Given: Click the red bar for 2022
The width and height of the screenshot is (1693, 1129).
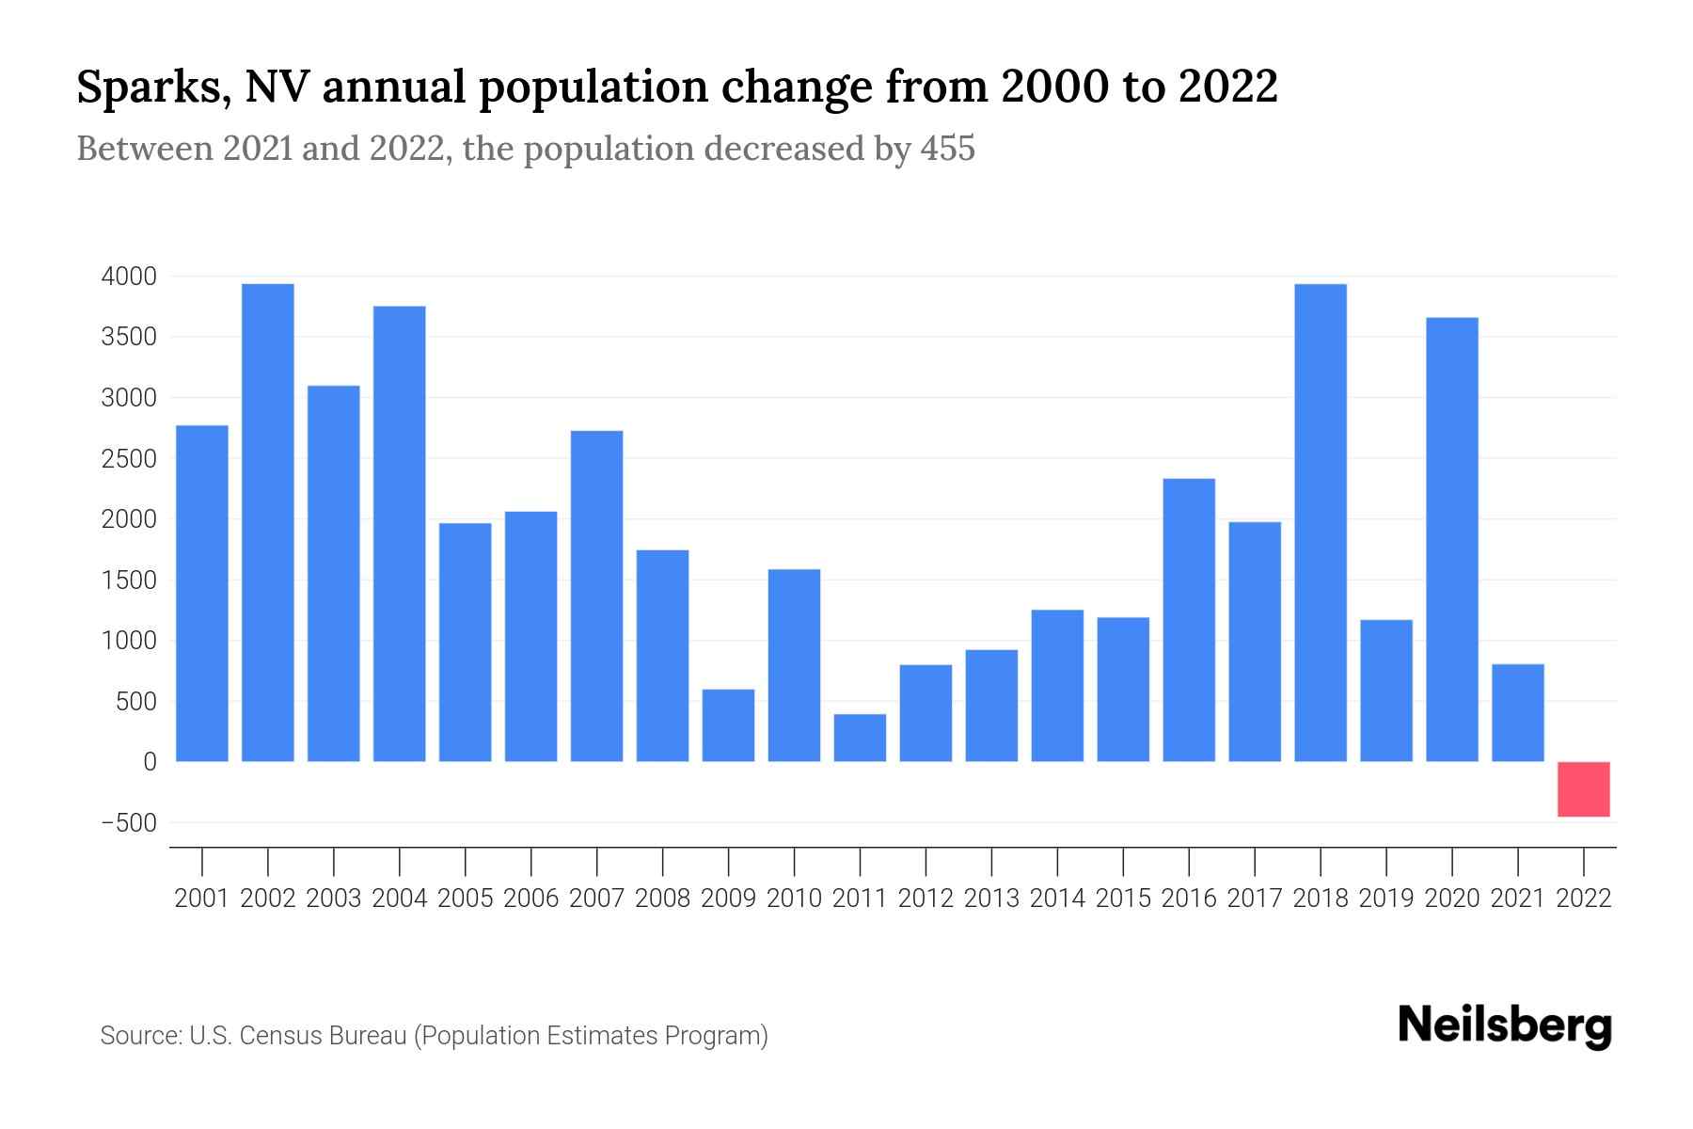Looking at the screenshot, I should [x=1583, y=788].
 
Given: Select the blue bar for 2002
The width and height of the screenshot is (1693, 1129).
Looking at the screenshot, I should [x=268, y=522].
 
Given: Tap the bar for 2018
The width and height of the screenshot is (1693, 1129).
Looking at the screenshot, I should [x=1321, y=522].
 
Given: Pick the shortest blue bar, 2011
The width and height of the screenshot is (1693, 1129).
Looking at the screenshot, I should [x=860, y=738].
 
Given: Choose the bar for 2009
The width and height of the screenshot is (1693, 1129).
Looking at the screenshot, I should [x=728, y=725].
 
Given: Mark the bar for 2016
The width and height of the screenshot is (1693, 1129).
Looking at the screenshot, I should [x=1189, y=620].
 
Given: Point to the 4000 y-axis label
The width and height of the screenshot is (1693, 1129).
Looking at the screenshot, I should [x=129, y=277].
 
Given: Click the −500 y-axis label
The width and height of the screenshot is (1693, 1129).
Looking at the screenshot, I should [x=129, y=823].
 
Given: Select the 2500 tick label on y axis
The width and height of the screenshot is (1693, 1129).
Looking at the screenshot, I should [x=129, y=459].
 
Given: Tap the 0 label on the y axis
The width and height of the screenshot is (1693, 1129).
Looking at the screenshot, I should [x=149, y=762].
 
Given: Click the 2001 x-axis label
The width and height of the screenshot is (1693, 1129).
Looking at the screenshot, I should [x=202, y=898].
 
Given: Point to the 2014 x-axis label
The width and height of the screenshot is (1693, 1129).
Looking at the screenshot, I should [x=1057, y=898].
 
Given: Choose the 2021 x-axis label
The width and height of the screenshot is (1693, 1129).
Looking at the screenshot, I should [x=1517, y=898].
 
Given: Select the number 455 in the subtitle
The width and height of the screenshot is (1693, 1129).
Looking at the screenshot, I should [x=947, y=149].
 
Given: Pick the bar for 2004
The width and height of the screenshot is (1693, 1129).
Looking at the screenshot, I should [x=400, y=533].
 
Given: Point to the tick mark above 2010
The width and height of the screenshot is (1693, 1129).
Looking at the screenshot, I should [x=794, y=861].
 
